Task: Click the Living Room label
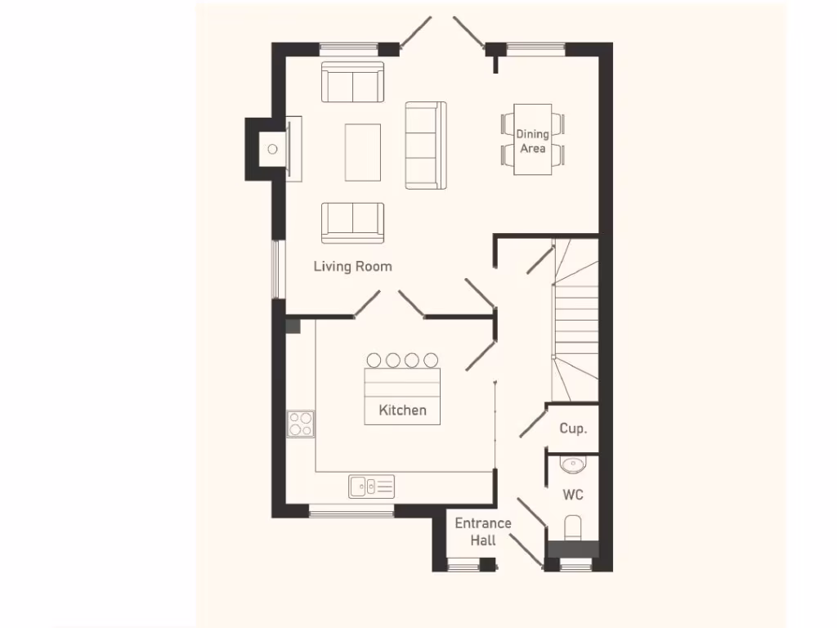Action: pyautogui.click(x=352, y=267)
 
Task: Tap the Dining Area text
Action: pyautogui.click(x=532, y=141)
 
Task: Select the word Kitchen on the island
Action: pyautogui.click(x=402, y=410)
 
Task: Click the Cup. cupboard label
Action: pyautogui.click(x=573, y=428)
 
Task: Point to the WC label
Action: pyautogui.click(x=573, y=495)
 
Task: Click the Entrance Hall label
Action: pyautogui.click(x=483, y=531)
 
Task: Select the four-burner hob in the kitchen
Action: pyautogui.click(x=300, y=424)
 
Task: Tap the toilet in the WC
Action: pyautogui.click(x=573, y=527)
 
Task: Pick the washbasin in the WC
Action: pyautogui.click(x=572, y=464)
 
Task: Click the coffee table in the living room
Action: pyautogui.click(x=363, y=151)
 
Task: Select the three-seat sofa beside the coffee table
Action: pyautogui.click(x=426, y=145)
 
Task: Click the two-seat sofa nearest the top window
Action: pyautogui.click(x=352, y=82)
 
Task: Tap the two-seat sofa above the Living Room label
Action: pyautogui.click(x=352, y=222)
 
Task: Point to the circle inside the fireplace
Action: pyautogui.click(x=273, y=149)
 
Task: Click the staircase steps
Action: pyautogui.click(x=577, y=319)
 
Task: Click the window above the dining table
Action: pyautogui.click(x=535, y=47)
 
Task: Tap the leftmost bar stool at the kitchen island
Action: pyautogui.click(x=374, y=360)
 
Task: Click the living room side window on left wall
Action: pyautogui.click(x=277, y=269)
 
